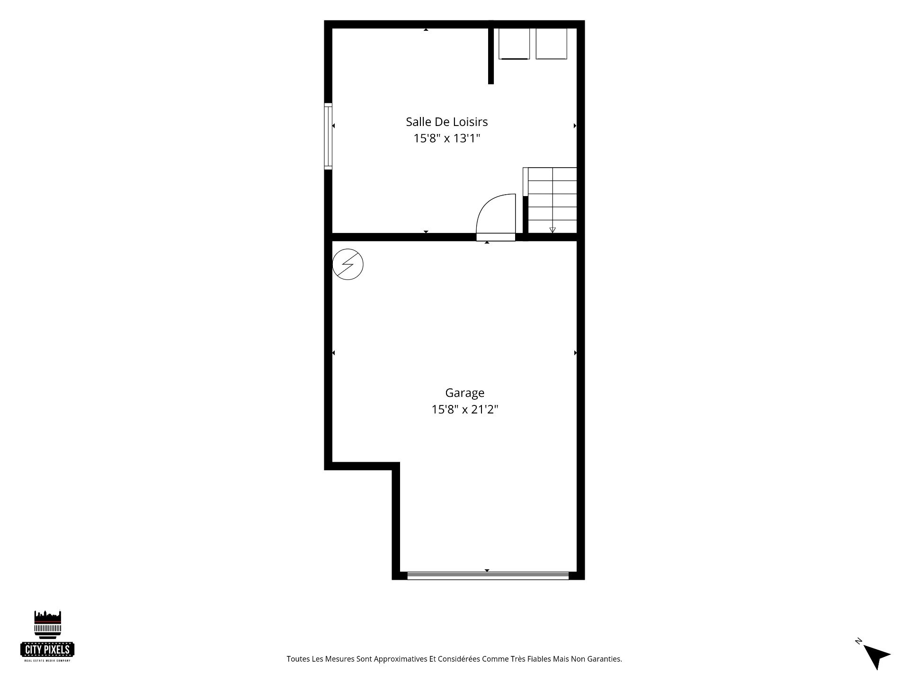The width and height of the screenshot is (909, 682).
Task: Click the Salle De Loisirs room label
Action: point(446,122)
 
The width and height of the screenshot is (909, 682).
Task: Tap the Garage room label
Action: point(464,393)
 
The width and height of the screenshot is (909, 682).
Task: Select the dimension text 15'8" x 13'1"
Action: point(446,138)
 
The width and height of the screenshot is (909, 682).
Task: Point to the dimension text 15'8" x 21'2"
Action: point(464,409)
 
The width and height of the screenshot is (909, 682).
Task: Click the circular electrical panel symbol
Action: point(348,264)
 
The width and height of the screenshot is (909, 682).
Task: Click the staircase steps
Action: point(552,200)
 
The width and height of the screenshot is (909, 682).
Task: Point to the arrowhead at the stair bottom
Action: point(553,230)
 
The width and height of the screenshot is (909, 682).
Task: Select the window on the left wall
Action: point(328,136)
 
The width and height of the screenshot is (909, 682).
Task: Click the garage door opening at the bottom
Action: point(488,576)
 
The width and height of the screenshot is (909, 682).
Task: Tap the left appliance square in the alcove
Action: point(514,44)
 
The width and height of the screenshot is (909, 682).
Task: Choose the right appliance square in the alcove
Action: point(551,44)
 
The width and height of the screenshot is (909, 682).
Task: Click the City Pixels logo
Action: point(47,636)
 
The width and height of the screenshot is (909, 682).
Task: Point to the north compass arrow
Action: point(876,656)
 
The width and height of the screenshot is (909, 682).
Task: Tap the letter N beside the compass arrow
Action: point(858,641)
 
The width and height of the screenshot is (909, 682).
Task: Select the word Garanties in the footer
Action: point(604,659)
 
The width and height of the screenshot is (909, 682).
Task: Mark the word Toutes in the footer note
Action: point(298,659)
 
